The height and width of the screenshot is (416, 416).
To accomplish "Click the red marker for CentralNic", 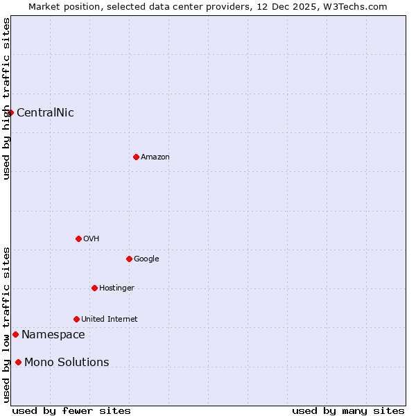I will click(10, 112).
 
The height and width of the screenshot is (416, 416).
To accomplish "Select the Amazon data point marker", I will click(136, 157).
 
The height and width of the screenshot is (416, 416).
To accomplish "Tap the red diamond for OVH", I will click(78, 239).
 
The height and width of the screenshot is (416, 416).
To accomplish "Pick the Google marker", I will click(129, 259).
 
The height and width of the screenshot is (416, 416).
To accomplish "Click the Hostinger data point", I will click(94, 288).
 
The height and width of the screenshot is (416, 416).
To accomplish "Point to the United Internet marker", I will click(76, 319).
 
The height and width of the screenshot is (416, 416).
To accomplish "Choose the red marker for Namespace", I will click(15, 334).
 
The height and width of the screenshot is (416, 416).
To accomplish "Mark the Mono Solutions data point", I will click(18, 362).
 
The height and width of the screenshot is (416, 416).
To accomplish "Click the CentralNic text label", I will click(45, 113).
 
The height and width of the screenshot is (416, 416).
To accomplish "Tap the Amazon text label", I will click(155, 157).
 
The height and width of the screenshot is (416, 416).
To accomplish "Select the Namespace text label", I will click(53, 335).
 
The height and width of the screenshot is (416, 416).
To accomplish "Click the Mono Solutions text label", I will click(67, 363).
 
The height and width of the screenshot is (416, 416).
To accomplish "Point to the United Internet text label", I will click(110, 320).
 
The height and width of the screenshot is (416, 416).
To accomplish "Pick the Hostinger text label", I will click(116, 288).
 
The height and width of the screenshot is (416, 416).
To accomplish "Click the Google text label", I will click(146, 259).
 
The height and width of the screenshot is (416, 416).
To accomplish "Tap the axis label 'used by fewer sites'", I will click(71, 410).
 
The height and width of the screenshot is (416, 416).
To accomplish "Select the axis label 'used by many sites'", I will click(348, 410).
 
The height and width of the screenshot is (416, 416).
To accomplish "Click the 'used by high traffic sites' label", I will click(6, 98).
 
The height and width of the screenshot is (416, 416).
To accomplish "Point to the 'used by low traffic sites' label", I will click(6, 324).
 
